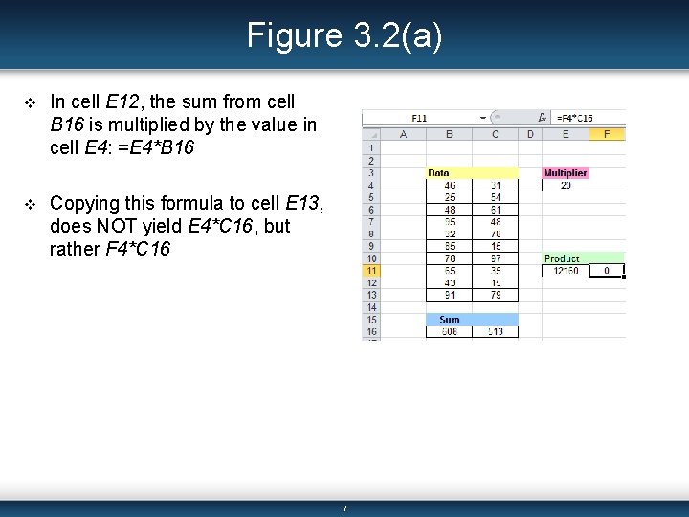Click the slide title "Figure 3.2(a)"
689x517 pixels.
tap(344, 35)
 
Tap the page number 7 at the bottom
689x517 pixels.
tap(344, 509)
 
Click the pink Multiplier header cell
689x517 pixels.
tap(565, 173)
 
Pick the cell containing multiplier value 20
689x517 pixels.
tap(566, 185)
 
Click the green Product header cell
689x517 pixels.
tap(564, 258)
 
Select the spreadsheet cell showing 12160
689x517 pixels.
tap(565, 271)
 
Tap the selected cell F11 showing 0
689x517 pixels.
tap(606, 271)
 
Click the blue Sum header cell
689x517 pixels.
tap(450, 319)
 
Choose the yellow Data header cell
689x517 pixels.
tap(440, 173)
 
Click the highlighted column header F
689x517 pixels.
tap(607, 134)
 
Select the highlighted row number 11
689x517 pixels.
tap(371, 271)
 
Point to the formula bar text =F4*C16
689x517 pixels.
tap(574, 119)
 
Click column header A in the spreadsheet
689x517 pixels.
tap(403, 134)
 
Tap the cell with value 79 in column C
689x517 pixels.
tap(496, 295)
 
